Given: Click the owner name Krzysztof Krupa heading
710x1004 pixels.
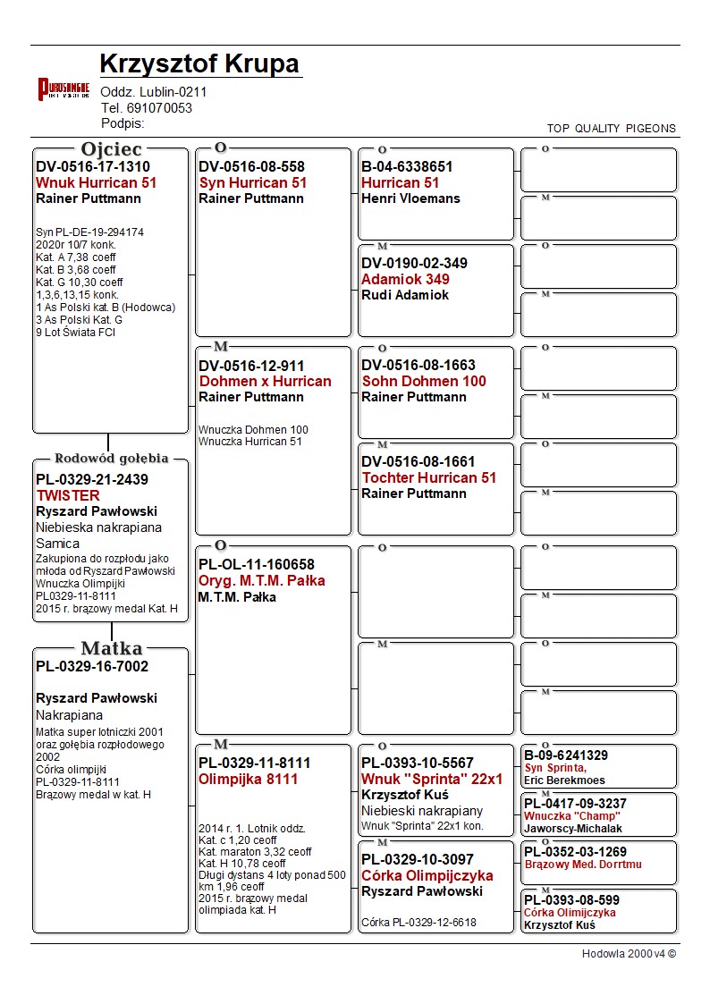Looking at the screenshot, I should [199, 64].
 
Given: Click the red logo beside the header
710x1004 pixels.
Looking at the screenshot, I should [63, 89].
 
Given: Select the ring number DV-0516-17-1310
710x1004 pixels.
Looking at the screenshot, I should [93, 167].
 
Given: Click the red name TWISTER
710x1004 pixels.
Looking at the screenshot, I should [68, 495].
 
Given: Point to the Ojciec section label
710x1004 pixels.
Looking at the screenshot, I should [111, 149].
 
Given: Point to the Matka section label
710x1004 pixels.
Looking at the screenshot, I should [111, 648].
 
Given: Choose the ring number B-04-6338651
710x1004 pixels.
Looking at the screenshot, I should [407, 167].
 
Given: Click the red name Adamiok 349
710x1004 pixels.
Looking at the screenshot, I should [405, 279].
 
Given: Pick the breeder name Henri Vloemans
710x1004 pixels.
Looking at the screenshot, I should [410, 198].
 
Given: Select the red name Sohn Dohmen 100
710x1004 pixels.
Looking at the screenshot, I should [424, 381].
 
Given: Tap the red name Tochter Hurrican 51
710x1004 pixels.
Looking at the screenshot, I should [428, 477].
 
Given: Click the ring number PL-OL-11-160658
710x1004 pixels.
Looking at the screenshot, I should [257, 565].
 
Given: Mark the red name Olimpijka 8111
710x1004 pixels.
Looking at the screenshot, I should [249, 779].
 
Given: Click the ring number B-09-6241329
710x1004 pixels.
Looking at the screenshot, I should [566, 756].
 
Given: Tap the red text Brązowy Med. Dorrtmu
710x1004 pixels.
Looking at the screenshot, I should [583, 865].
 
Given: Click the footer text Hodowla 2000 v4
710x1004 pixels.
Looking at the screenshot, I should [629, 954].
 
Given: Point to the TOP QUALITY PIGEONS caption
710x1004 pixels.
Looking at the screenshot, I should [612, 128].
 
